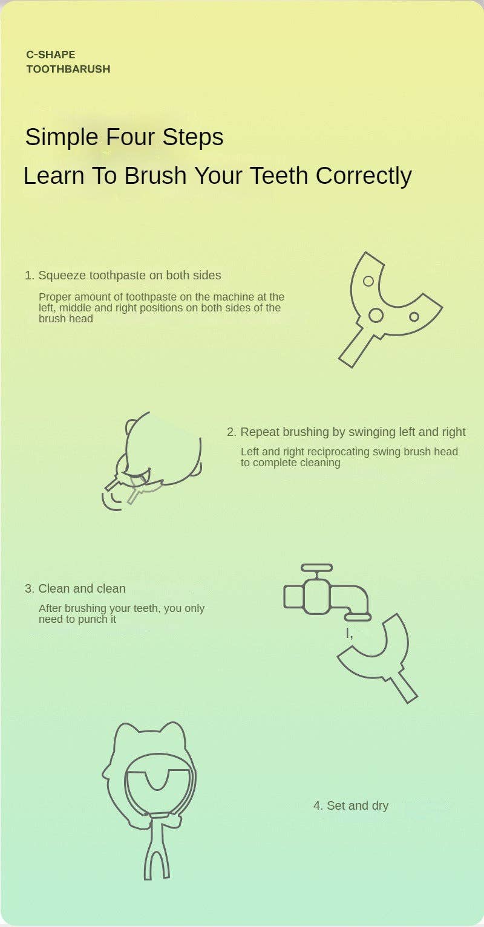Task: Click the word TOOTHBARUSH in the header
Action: pos(68,69)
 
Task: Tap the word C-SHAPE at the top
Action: pos(50,54)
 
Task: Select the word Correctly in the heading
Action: pos(364,175)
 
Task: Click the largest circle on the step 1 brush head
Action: pos(376,315)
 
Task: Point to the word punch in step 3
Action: pos(93,620)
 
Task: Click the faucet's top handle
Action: pos(317,567)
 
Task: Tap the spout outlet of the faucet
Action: pos(358,617)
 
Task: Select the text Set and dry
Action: pos(358,805)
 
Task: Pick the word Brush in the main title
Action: pos(155,175)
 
